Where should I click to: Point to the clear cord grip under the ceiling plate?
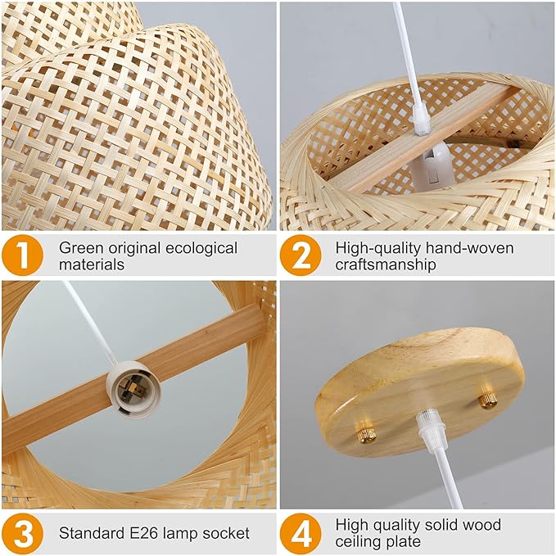pyautogui.click(x=425, y=430)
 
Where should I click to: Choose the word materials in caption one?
pyautogui.click(x=92, y=265)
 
